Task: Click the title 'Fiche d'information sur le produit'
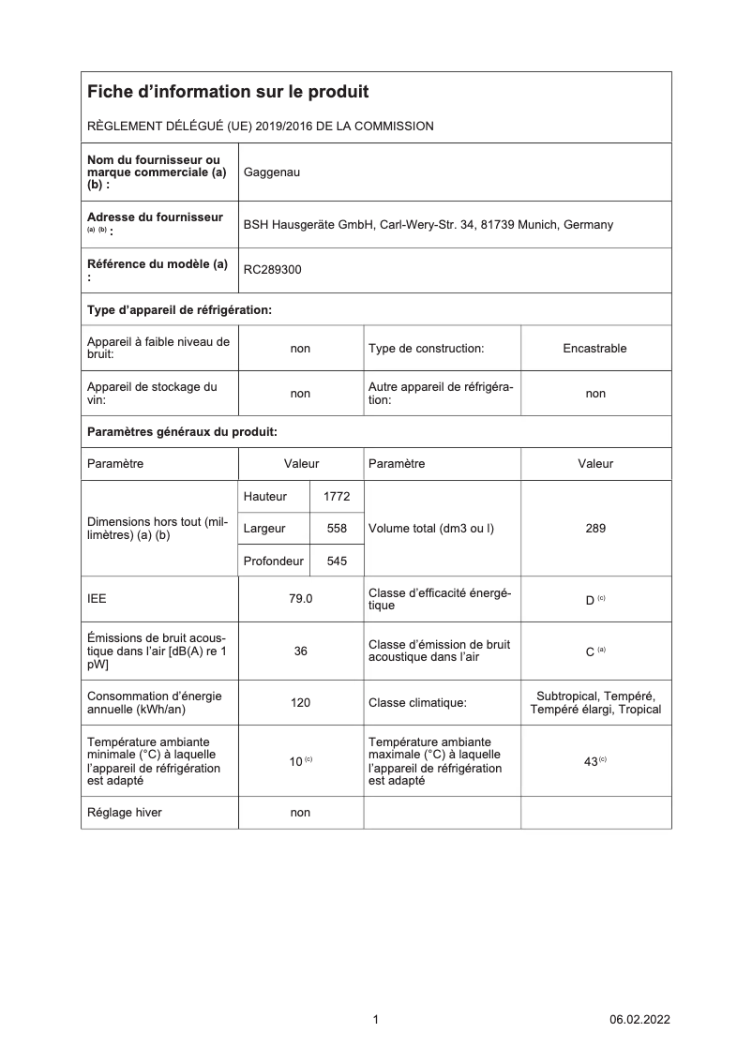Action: [228, 92]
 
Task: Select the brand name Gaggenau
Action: [272, 172]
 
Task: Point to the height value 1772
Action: [337, 497]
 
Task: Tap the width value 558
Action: [337, 529]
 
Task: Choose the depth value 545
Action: [337, 561]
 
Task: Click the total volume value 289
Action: [595, 529]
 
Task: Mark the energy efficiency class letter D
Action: [590, 600]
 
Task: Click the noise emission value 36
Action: [300, 651]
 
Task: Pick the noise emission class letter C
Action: [590, 651]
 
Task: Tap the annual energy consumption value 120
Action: [300, 702]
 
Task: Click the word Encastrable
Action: [595, 349]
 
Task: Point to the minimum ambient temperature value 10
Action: [294, 762]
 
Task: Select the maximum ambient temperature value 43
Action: [591, 762]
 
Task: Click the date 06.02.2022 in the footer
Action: [639, 1020]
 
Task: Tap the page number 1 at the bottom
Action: [376, 1020]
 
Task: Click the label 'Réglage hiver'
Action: [124, 813]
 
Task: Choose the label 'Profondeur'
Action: [273, 561]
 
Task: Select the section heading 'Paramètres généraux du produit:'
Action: [182, 432]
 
